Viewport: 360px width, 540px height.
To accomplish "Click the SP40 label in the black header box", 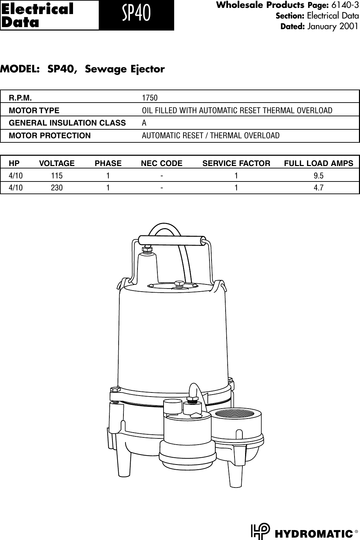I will [136, 15].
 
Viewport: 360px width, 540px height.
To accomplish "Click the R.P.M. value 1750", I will [150, 98].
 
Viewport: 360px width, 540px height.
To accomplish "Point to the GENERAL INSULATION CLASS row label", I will [67, 123].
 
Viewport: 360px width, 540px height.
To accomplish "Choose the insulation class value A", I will [144, 123].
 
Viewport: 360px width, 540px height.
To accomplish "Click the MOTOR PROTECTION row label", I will [50, 136].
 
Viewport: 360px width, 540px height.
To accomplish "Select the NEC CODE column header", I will [162, 163].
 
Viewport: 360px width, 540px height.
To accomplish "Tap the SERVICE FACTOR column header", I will [236, 163].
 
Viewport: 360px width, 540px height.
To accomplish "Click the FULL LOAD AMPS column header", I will [319, 163].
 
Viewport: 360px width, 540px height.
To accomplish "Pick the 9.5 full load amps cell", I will [319, 176].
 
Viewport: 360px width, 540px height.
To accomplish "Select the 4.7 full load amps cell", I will [319, 188].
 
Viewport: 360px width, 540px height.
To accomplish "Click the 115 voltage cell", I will [57, 176].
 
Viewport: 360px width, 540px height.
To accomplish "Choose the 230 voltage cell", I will [57, 188].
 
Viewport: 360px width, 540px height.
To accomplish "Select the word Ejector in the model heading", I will [148, 69].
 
